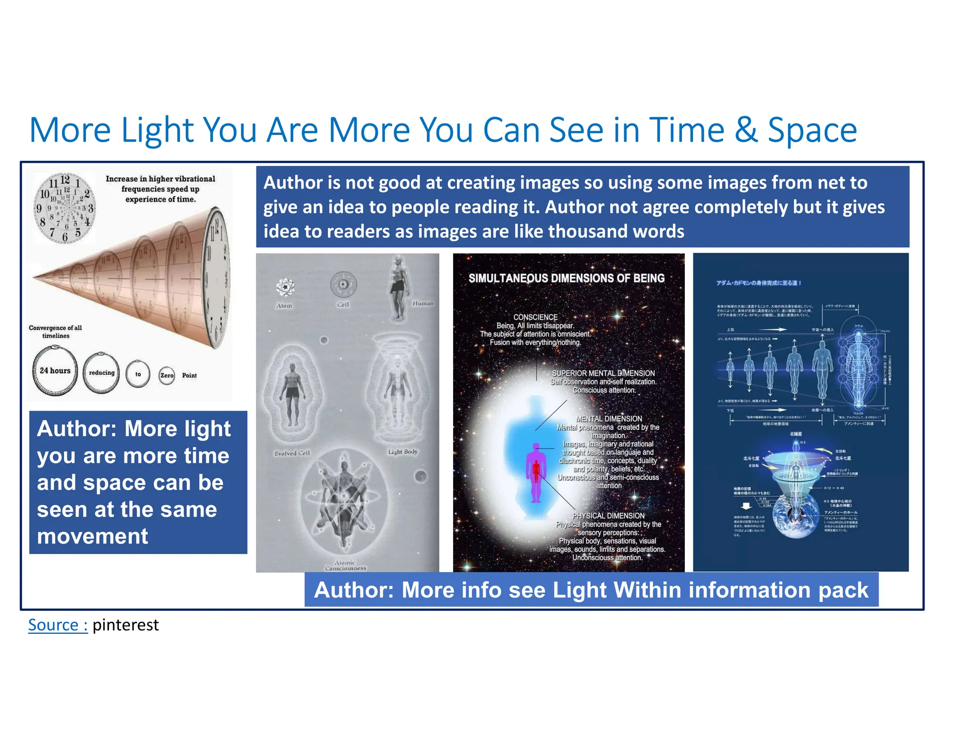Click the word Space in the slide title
click(x=812, y=130)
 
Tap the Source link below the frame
click(x=58, y=625)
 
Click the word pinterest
click(x=126, y=625)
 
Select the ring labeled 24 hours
click(x=55, y=371)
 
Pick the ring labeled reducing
click(x=101, y=373)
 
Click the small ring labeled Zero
click(x=167, y=376)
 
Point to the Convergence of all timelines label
click(x=55, y=332)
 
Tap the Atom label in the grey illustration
click(x=284, y=306)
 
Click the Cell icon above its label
click(x=343, y=284)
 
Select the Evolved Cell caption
click(x=292, y=453)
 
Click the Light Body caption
click(x=403, y=452)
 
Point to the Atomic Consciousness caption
click(x=345, y=566)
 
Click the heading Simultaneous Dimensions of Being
click(x=566, y=278)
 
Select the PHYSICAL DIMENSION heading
click(x=608, y=516)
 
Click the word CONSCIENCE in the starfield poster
click(x=535, y=317)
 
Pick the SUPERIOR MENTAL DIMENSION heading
click(x=603, y=373)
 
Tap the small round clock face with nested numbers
click(x=65, y=209)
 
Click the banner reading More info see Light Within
click(x=591, y=590)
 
